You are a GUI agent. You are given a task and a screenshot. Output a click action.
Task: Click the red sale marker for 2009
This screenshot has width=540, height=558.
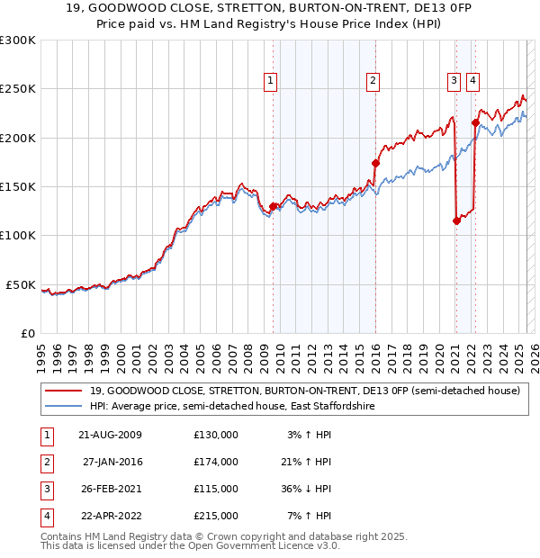click(273, 206)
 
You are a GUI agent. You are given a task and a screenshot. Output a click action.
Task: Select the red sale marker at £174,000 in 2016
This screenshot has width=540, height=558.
click(375, 163)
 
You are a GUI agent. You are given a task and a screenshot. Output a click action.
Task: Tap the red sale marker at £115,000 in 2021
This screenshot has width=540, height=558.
click(456, 220)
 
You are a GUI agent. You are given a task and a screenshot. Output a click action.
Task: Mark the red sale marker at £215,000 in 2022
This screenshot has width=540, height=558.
click(474, 122)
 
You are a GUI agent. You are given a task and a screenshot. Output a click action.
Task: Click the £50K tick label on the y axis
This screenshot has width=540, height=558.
click(21, 284)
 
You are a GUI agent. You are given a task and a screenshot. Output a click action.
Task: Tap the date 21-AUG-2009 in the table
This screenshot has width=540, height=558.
click(110, 435)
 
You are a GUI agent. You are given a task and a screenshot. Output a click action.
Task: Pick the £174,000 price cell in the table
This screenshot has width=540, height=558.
click(216, 462)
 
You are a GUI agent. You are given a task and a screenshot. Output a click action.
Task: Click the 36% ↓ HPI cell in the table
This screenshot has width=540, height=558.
click(307, 489)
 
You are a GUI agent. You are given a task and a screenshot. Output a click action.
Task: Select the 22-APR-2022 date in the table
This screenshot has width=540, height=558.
click(110, 516)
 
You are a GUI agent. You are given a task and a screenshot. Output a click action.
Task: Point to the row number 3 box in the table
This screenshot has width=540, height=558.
click(45, 489)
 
